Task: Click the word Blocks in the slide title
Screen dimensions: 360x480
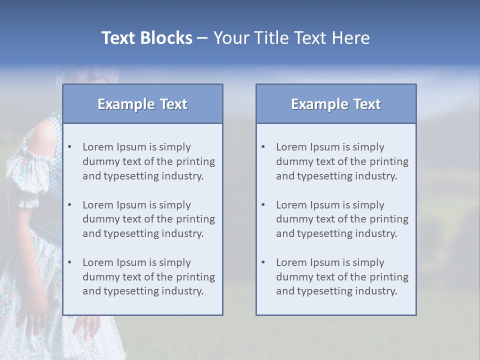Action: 167,38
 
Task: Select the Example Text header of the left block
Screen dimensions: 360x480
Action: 142,104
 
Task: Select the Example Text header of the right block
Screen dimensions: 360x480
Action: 336,104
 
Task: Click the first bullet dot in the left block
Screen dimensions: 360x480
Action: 70,147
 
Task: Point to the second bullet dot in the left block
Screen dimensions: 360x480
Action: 70,205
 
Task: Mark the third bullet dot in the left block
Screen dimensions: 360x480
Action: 70,262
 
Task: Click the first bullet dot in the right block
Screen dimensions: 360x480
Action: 263,147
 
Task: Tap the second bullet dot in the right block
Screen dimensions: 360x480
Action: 263,205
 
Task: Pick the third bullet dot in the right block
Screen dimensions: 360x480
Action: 263,262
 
